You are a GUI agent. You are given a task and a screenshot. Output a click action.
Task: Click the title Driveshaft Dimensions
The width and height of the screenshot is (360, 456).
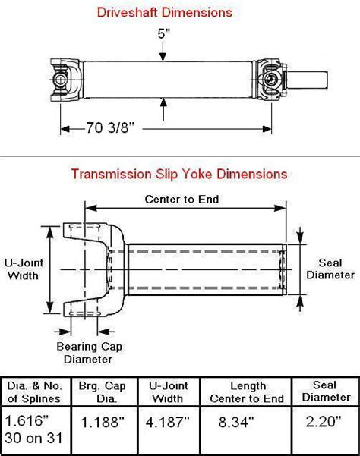coord(179,13)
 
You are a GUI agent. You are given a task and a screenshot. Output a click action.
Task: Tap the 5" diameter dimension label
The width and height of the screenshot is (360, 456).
coord(163,34)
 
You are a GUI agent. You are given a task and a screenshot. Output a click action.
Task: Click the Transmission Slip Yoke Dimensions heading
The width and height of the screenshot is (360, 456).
coord(179,174)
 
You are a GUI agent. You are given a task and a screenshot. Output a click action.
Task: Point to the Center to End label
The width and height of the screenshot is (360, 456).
coord(182,200)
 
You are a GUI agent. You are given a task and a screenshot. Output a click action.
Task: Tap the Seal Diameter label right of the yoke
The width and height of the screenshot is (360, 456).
coord(331,269)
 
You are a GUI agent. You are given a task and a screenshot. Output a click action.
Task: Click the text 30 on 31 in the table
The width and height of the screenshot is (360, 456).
coord(36,439)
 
